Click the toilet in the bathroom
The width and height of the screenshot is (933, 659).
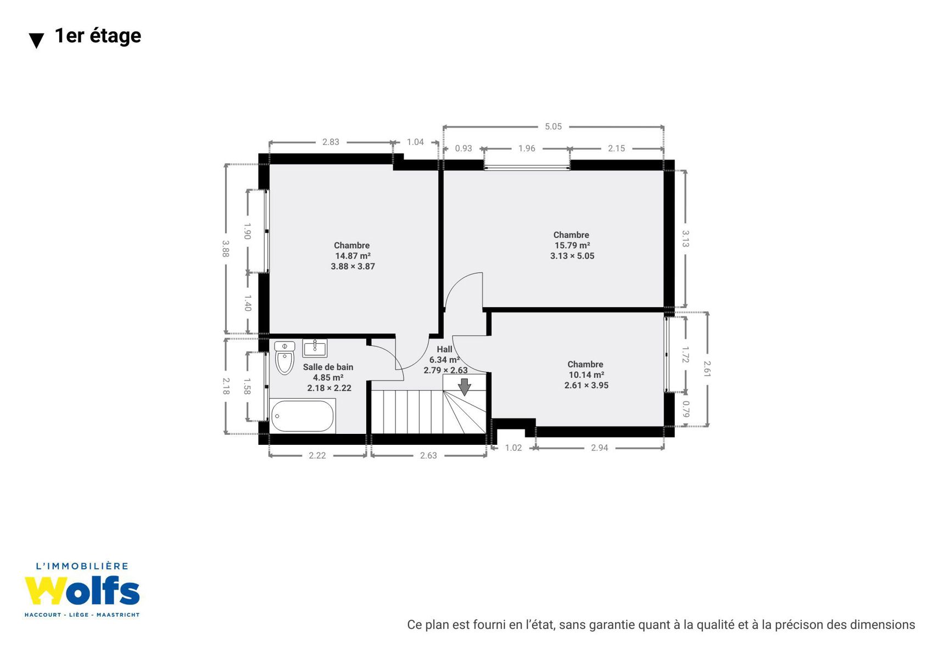coord(285,358)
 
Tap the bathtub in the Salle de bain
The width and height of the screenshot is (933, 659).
coord(303,416)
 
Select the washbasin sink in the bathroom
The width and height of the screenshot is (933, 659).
coord(315,348)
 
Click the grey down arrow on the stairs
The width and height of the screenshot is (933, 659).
coord(465,387)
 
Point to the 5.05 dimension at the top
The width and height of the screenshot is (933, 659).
coord(554,127)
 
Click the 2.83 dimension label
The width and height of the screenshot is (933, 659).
coord(331,142)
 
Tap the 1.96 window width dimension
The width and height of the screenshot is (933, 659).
coord(527,148)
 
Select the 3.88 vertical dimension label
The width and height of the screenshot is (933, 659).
coord(225,249)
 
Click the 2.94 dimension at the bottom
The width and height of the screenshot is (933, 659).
coord(600,448)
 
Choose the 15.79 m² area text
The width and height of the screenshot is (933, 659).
coord(572,245)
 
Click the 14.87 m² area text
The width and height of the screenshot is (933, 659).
coord(353,256)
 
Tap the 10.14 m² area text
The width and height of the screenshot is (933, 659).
coord(586,375)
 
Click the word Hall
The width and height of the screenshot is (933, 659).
coord(444,349)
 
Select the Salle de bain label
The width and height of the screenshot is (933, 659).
coord(328,367)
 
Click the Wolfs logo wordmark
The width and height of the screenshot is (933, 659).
coord(82,591)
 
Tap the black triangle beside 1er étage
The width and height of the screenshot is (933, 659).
coord(37,41)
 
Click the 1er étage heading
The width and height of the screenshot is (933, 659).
coord(98,36)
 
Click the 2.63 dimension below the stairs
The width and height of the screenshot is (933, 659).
coord(428,456)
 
